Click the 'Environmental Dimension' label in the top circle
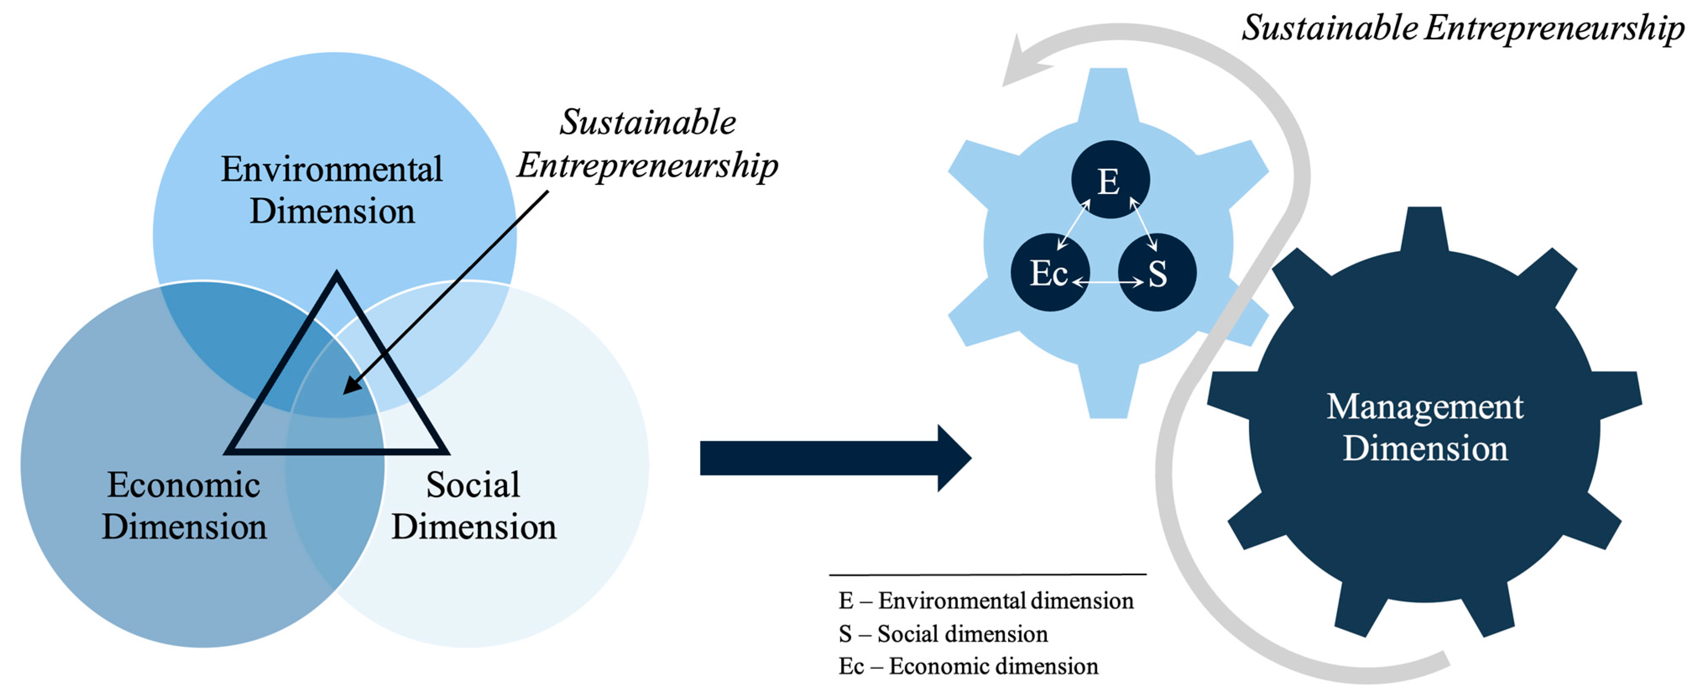[331, 190]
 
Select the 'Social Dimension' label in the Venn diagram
[473, 506]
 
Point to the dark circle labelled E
[1110, 179]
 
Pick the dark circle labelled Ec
[1049, 272]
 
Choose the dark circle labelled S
[1158, 272]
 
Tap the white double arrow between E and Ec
[1073, 225]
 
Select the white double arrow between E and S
[1144, 225]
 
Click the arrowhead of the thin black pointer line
[351, 386]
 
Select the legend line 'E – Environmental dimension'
[986, 601]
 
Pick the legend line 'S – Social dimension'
[943, 634]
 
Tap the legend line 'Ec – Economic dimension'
[968, 666]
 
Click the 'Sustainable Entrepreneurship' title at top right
[1462, 29]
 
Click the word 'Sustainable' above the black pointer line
[647, 123]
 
